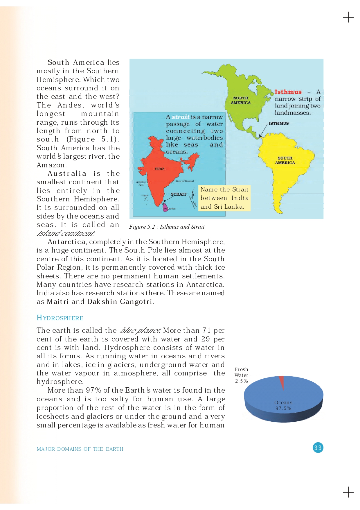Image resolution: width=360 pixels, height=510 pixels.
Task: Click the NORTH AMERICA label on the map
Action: pyautogui.click(x=241, y=100)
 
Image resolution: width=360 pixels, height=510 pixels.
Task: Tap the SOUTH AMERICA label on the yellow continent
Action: pyautogui.click(x=285, y=160)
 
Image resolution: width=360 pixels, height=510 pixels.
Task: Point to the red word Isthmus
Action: pyautogui.click(x=288, y=92)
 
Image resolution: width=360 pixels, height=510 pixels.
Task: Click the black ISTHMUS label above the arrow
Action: pyautogui.click(x=278, y=123)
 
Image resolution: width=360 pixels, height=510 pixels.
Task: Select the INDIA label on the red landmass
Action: pyautogui.click(x=159, y=169)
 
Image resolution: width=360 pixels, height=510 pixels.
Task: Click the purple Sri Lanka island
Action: pyautogui.click(x=165, y=208)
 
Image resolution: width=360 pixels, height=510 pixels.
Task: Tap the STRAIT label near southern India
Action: pyautogui.click(x=178, y=194)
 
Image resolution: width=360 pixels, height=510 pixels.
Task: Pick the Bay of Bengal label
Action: pyautogui.click(x=185, y=181)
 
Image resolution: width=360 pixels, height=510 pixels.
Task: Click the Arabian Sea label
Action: pyautogui.click(x=141, y=183)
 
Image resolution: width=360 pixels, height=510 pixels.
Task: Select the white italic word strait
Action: pyautogui.click(x=180, y=117)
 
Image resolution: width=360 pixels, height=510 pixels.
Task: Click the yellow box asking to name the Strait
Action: pyautogui.click(x=224, y=198)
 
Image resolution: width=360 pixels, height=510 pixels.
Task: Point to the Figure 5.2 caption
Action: pyautogui.click(x=167, y=227)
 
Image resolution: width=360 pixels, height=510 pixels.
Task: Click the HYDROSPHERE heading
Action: pyautogui.click(x=60, y=318)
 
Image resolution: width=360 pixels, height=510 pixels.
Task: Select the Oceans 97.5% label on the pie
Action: pyautogui.click(x=283, y=405)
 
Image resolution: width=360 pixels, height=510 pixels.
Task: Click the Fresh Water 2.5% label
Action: pyautogui.click(x=241, y=375)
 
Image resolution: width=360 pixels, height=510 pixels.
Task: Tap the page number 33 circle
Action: pyautogui.click(x=318, y=448)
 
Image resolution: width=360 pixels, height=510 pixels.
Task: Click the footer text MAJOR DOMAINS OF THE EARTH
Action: pyautogui.click(x=80, y=449)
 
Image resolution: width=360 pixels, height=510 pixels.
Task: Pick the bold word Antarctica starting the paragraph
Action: pyautogui.click(x=66, y=242)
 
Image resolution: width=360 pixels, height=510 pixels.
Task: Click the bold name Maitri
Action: pyautogui.click(x=58, y=302)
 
